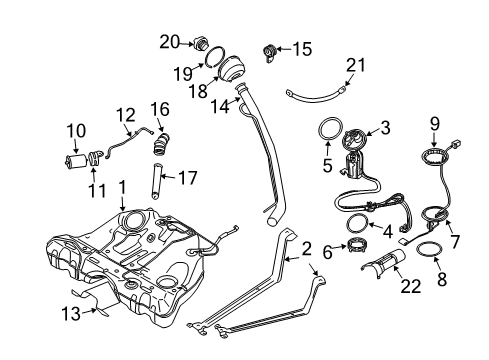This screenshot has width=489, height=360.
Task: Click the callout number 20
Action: pos(171,41)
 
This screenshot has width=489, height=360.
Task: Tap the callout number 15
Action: pos(302,47)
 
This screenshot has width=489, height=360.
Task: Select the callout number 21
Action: pos(351,66)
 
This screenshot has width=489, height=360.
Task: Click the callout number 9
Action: pos(433,125)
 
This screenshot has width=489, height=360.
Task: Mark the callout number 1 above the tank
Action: pos(122,186)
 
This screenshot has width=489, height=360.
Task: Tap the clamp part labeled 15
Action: pos(269,50)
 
